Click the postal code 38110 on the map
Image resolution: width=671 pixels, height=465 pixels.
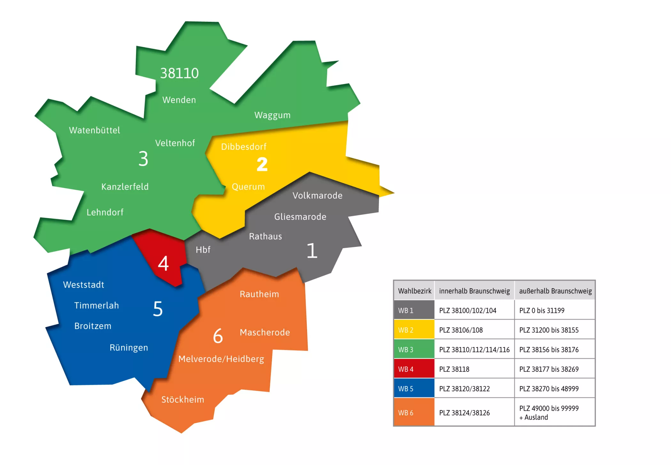179,73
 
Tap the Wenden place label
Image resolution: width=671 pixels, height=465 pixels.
179,100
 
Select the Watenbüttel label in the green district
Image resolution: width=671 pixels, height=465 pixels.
95,130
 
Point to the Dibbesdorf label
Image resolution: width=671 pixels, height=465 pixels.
243,146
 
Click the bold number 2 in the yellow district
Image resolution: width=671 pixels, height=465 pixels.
262,164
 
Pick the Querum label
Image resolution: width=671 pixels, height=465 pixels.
248,186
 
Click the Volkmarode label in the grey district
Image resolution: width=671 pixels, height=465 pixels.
317,195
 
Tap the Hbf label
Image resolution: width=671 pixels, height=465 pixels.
203,250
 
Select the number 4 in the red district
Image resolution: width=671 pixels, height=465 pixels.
163,264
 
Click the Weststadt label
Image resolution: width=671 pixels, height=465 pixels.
84,285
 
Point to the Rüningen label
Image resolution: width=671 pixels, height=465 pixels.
129,348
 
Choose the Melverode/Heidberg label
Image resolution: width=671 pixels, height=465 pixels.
221,359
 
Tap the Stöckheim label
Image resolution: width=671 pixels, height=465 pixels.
183,399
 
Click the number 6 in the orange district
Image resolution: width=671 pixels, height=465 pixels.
218,336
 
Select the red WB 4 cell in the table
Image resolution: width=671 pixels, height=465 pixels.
414,369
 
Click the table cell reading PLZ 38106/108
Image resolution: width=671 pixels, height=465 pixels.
474,330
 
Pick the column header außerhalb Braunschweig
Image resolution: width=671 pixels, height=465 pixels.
555,291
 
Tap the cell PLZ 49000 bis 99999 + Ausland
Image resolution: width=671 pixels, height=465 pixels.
555,413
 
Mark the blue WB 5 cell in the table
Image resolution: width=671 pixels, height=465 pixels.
414,389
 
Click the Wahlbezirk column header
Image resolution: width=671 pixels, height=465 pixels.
414,291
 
